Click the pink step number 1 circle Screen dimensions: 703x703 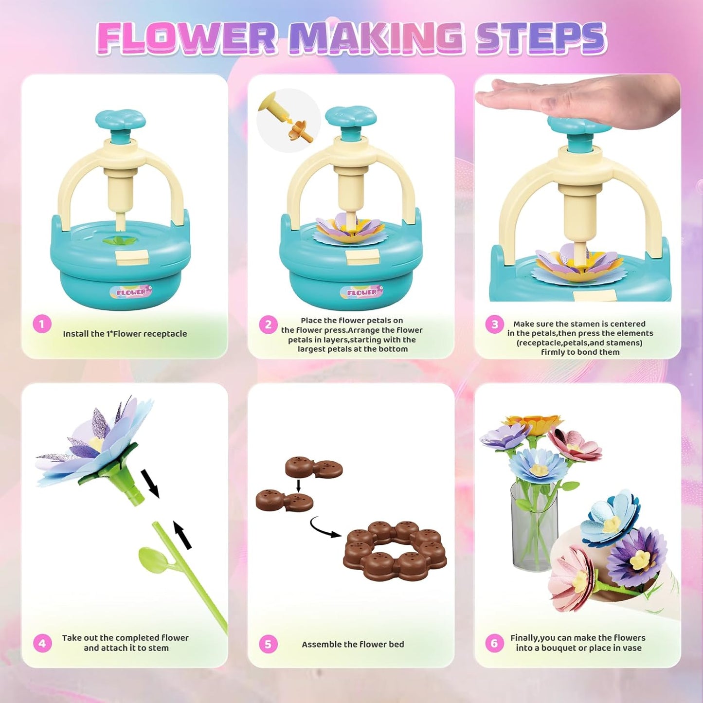pos(42,324)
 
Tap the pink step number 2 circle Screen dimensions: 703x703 pos(268,324)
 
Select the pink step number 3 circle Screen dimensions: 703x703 pos(494,324)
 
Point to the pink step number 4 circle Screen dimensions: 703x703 pos(42,644)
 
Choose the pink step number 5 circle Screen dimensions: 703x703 pos(268,644)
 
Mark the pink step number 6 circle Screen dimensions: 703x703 pos(494,644)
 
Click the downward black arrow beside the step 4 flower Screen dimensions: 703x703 pos(150,483)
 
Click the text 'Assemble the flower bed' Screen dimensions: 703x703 pos(353,644)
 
